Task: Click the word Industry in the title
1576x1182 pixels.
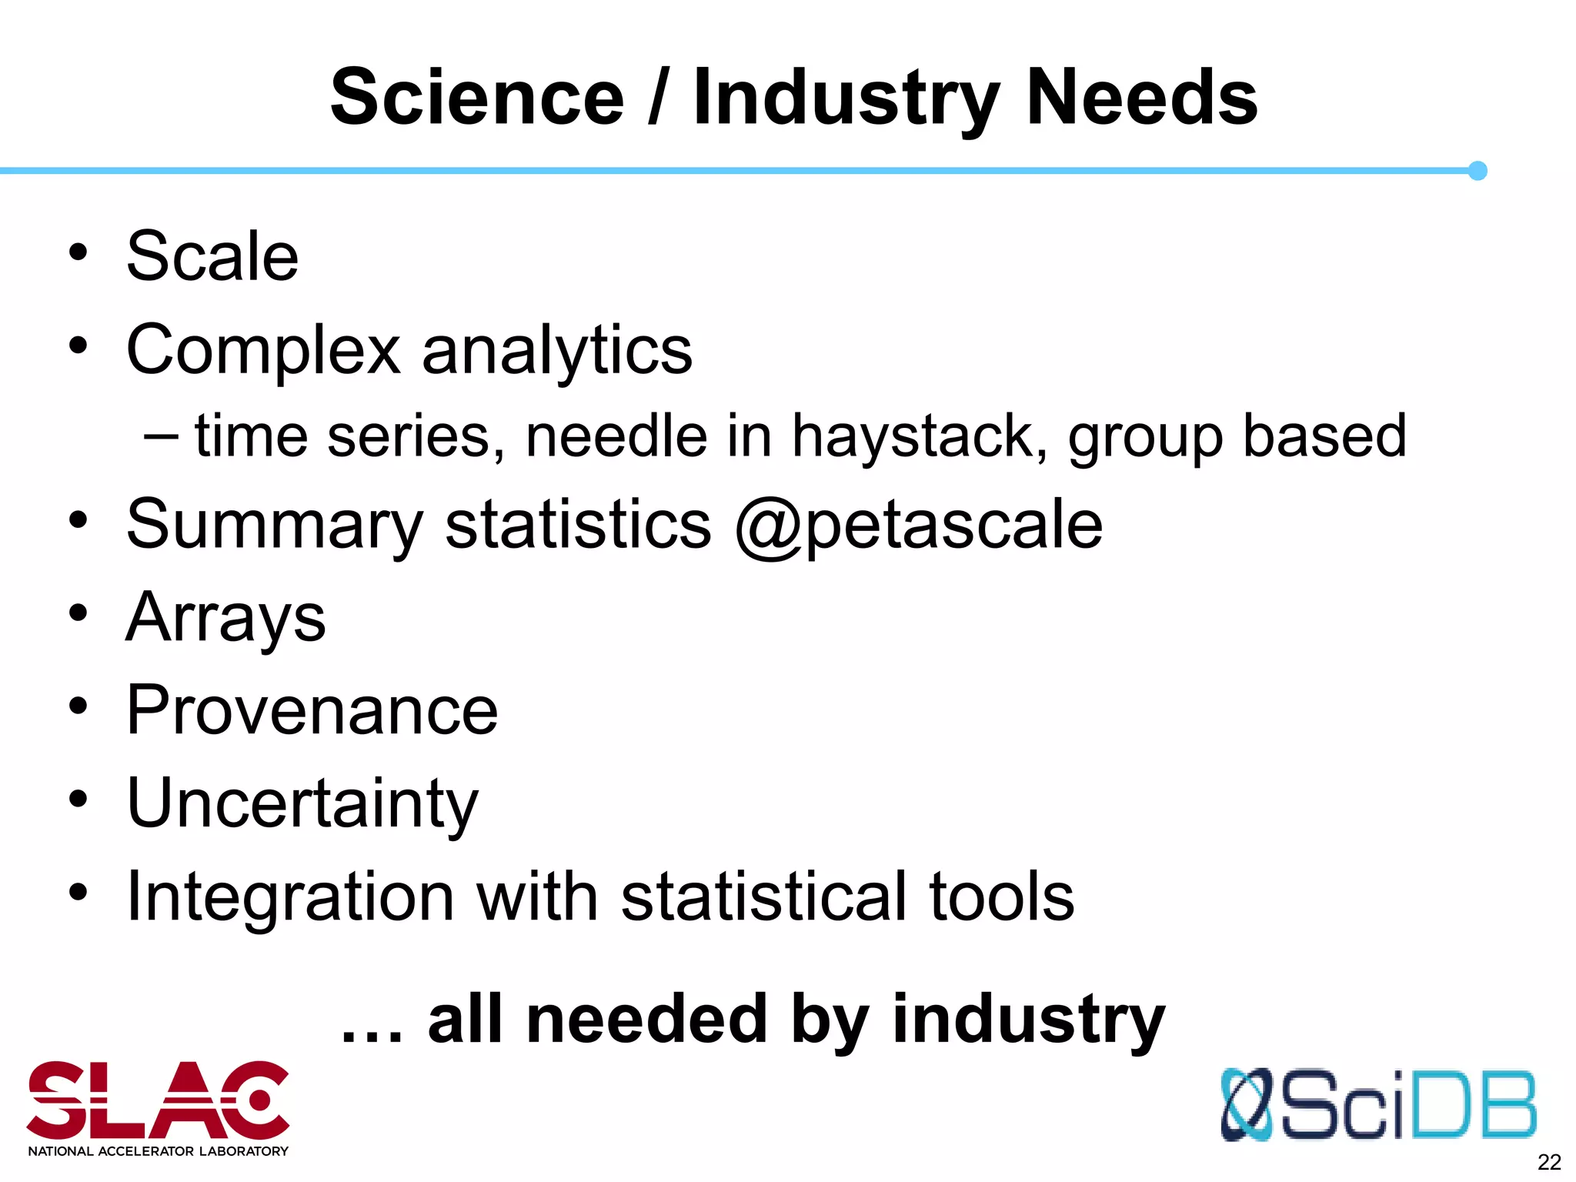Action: [x=846, y=100]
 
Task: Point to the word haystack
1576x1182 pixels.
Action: [x=920, y=437]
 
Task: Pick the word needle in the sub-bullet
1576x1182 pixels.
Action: [x=616, y=436]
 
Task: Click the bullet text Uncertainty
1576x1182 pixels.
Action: [x=302, y=803]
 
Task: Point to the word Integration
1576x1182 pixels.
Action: [x=290, y=897]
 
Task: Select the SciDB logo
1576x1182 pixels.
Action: [x=1378, y=1104]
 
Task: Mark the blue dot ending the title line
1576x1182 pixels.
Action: [x=1477, y=171]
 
